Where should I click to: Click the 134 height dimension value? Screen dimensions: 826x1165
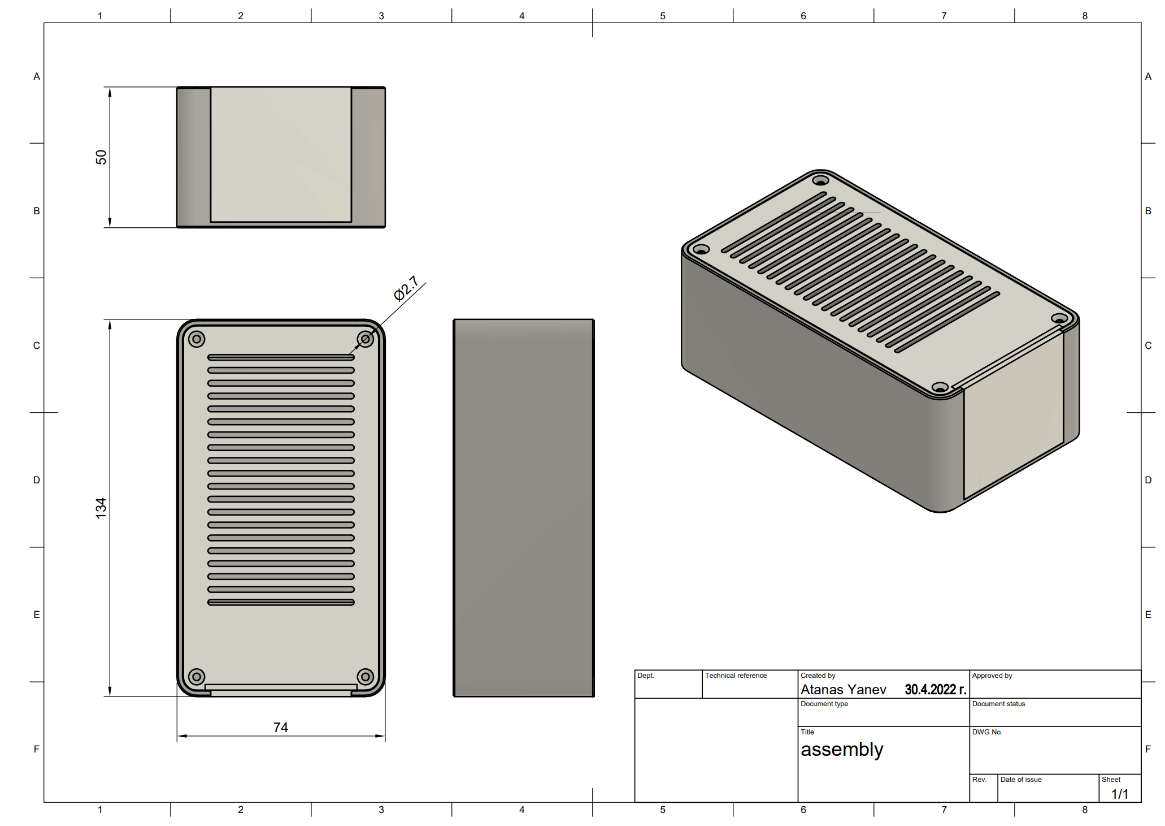pos(101,508)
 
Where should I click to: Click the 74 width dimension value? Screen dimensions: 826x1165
pos(280,727)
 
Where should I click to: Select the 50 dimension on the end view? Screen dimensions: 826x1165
pos(101,157)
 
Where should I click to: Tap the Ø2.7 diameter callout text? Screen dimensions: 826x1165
pos(406,288)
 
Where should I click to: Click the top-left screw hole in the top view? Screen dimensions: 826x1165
pos(197,339)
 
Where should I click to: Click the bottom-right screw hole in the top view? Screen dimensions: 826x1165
pos(366,676)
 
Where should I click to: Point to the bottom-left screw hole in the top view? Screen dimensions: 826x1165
pos(197,676)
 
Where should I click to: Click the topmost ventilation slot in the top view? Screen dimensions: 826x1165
pos(281,357)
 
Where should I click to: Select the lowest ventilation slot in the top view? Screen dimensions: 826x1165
pos(281,602)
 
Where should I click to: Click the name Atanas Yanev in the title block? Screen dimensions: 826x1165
pos(843,690)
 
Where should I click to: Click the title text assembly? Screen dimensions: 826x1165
pos(842,750)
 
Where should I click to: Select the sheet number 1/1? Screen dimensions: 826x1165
pos(1119,794)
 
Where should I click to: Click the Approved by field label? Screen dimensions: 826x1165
pos(992,676)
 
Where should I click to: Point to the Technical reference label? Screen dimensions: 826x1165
pos(736,676)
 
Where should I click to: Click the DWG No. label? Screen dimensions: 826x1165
pos(987,732)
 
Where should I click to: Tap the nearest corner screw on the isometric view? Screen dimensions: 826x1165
pos(940,388)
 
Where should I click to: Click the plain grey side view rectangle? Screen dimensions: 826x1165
pos(524,508)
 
